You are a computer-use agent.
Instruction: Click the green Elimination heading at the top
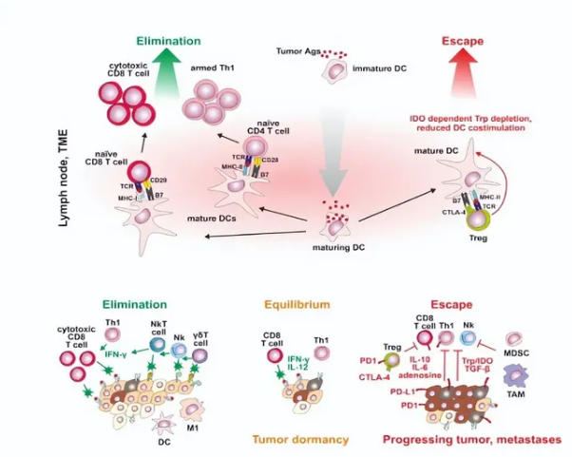point(167,42)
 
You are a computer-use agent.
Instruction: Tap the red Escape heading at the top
point(464,42)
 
